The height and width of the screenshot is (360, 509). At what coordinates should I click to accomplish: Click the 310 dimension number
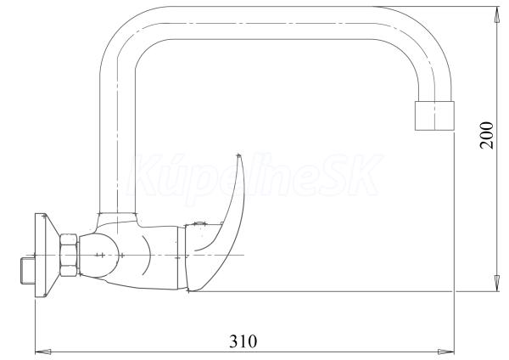click(x=243, y=341)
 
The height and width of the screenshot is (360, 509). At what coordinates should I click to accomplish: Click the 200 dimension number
click(x=487, y=135)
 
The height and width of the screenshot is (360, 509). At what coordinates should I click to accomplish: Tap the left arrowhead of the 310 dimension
click(x=43, y=352)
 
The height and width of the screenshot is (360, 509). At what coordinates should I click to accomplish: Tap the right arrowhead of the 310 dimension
click(x=445, y=352)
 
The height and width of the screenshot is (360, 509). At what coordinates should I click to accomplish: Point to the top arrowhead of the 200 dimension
click(x=496, y=14)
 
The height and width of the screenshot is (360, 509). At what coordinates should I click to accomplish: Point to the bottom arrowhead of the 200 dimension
click(x=496, y=283)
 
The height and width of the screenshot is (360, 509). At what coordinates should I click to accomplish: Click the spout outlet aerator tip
click(x=434, y=116)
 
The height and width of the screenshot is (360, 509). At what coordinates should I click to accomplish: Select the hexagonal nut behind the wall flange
click(x=69, y=255)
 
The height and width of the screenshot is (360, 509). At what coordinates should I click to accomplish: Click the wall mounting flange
click(x=46, y=255)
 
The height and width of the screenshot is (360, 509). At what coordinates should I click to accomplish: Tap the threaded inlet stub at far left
click(x=27, y=271)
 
